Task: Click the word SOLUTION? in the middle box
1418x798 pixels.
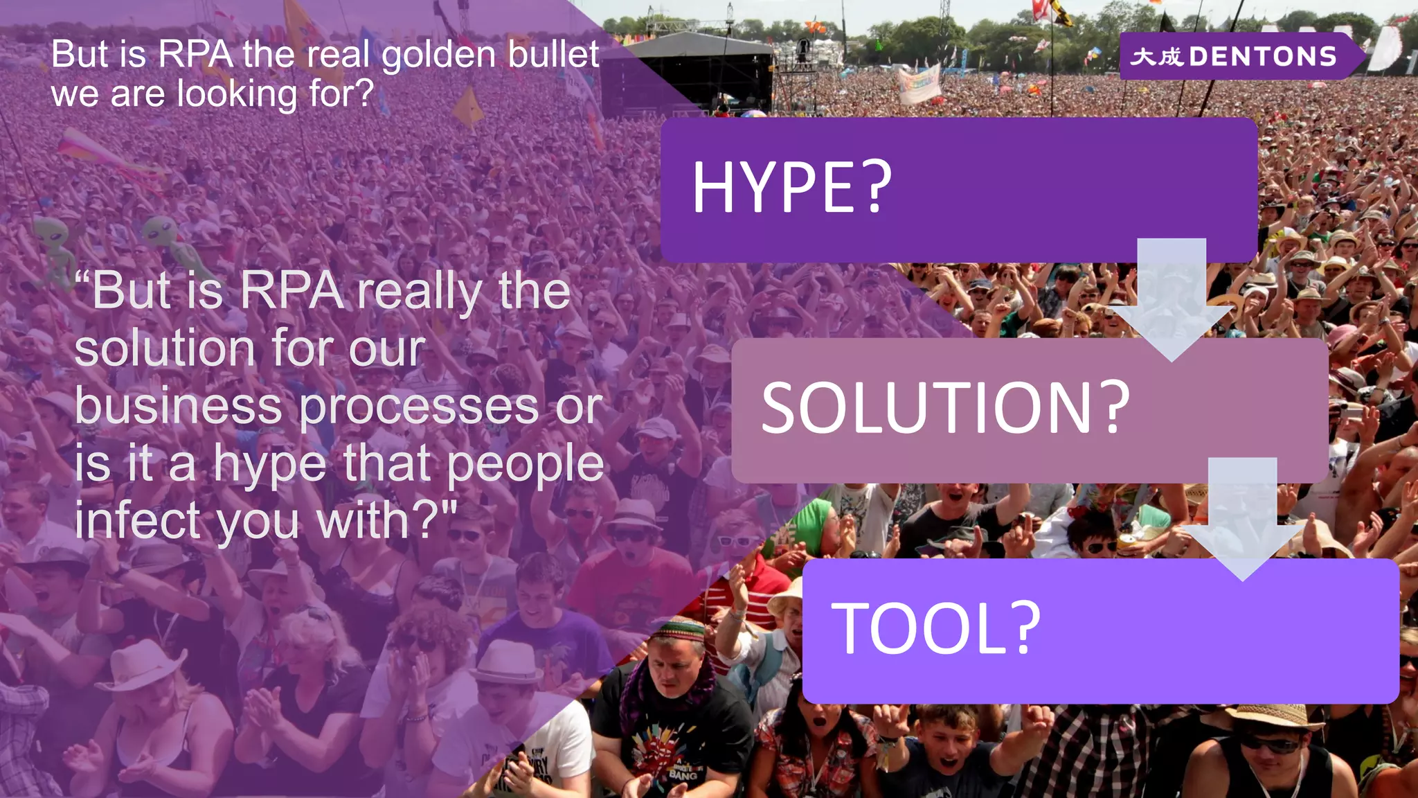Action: (x=945, y=409)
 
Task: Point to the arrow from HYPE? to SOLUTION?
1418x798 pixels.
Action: (x=1172, y=298)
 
